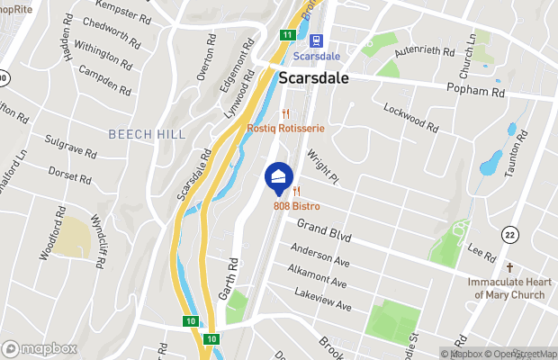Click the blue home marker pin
279,176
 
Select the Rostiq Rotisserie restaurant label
285,129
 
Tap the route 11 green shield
287,34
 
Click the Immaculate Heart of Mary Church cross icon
508,268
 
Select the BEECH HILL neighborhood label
147,134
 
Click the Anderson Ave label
319,257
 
